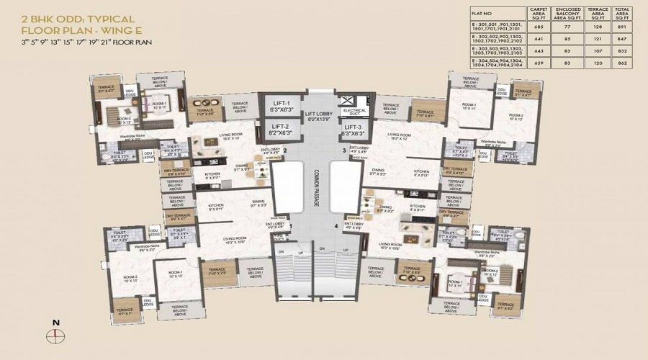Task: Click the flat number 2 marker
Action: (286, 150)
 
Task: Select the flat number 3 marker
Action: (344, 150)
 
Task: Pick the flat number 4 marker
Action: (336, 227)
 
